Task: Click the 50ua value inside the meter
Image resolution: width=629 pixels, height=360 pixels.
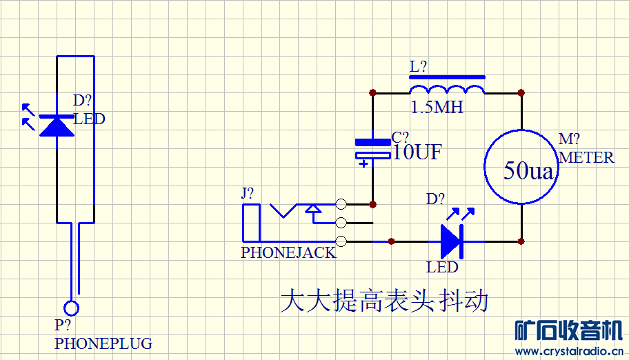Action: coord(528,171)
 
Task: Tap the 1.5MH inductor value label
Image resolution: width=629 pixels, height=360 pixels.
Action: coord(437,108)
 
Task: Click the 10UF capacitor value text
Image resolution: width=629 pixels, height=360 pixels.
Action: coord(417,152)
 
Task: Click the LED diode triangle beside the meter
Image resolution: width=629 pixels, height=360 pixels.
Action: coord(451,241)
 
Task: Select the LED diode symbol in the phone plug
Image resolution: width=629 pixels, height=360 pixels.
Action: coord(57,126)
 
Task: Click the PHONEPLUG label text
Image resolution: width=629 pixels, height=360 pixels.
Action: coord(103,343)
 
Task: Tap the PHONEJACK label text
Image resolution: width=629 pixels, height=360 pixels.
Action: coord(288,252)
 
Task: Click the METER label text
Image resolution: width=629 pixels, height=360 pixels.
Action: coord(586,158)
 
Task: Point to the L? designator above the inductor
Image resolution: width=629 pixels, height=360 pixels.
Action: coord(418,67)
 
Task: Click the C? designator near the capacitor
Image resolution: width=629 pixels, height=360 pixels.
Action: coord(400,137)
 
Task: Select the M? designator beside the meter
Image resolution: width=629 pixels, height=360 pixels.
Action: coord(569,140)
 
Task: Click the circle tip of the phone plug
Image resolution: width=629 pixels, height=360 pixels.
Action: coord(71,308)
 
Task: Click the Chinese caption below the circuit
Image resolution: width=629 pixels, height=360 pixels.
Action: coord(384,301)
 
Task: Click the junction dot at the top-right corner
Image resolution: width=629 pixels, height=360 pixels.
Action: coord(521,92)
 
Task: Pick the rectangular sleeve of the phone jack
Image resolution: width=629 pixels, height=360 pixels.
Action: coord(250,223)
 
